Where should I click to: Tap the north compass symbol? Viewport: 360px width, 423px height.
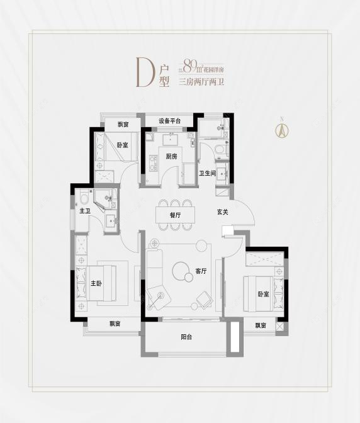(282, 129)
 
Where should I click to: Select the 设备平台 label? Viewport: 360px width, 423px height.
(169, 121)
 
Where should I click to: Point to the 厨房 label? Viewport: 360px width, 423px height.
(171, 157)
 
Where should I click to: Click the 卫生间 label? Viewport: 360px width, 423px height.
(208, 173)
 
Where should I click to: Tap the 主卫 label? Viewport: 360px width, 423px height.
(85, 211)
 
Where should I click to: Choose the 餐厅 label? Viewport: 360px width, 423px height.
(175, 215)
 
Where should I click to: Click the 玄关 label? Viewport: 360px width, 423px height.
(222, 212)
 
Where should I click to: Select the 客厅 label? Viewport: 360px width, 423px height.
(201, 271)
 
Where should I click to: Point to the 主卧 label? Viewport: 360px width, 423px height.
(96, 283)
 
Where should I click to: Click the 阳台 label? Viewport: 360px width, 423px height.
(186, 337)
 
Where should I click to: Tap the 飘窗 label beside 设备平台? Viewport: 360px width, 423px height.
(123, 124)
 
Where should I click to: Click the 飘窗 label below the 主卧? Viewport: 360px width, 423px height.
(115, 324)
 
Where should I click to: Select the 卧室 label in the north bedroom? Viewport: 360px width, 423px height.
(122, 144)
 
